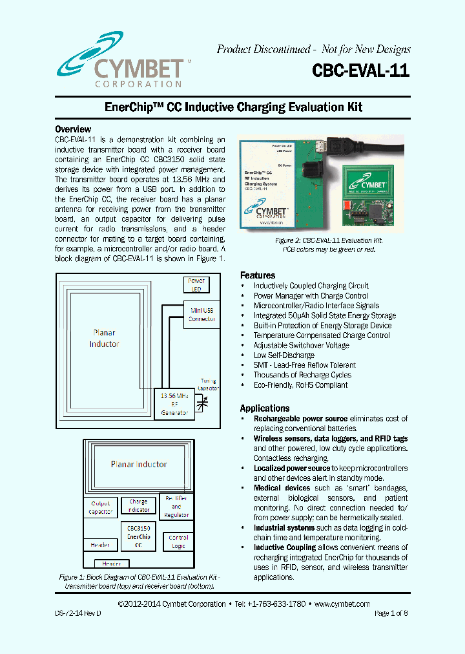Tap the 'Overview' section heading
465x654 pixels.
click(73, 129)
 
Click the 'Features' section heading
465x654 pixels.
click(258, 275)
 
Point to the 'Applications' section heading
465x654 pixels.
click(265, 408)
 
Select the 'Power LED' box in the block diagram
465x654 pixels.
click(196, 285)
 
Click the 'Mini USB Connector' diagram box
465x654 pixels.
click(201, 315)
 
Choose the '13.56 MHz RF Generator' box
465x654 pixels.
click(174, 404)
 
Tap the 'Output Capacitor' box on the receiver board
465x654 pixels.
click(101, 507)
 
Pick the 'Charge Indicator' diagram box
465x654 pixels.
click(138, 505)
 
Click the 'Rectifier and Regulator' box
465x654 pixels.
click(176, 507)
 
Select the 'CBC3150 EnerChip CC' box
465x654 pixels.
click(138, 536)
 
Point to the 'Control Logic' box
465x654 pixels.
click(178, 542)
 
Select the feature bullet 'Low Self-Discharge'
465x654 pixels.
click(284, 355)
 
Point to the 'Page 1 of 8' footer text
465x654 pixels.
click(391, 613)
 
